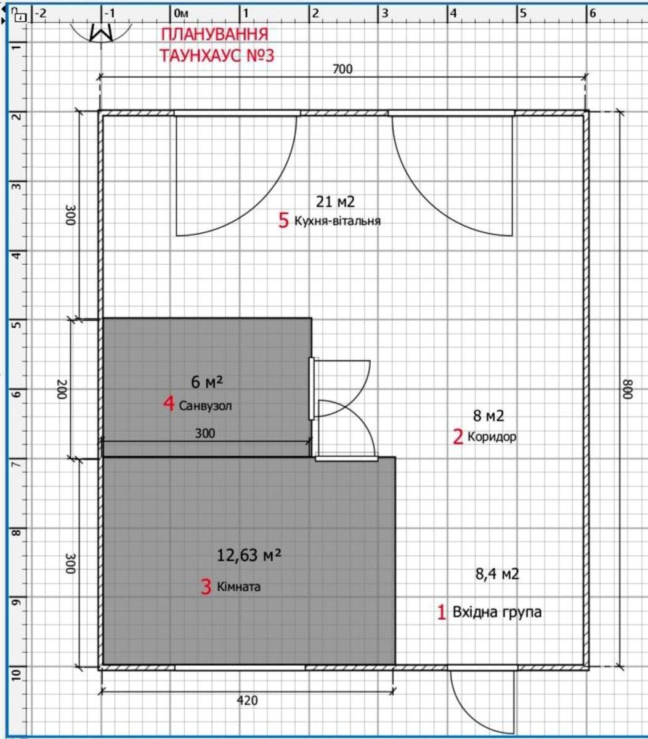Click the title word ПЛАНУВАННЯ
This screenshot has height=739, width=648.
(214, 34)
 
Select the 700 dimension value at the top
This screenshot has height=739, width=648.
(342, 69)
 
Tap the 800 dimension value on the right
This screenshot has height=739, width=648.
(628, 389)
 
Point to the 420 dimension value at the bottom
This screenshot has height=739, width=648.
(248, 700)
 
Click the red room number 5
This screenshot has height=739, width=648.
(283, 220)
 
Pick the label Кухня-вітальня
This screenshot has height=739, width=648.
(337, 220)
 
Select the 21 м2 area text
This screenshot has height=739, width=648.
(335, 201)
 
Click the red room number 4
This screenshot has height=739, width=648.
(169, 404)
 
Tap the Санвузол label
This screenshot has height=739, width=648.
(205, 406)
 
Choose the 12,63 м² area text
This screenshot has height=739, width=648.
(249, 555)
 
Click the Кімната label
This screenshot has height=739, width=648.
(238, 586)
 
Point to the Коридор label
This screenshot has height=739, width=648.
(492, 436)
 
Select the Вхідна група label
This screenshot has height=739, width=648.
(497, 612)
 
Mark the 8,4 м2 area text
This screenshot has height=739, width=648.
(497, 574)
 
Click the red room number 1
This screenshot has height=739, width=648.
(442, 612)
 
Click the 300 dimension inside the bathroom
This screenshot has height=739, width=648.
(205, 434)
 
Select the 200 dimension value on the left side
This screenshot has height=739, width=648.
(62, 389)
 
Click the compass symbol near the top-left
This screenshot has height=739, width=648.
(101, 33)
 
